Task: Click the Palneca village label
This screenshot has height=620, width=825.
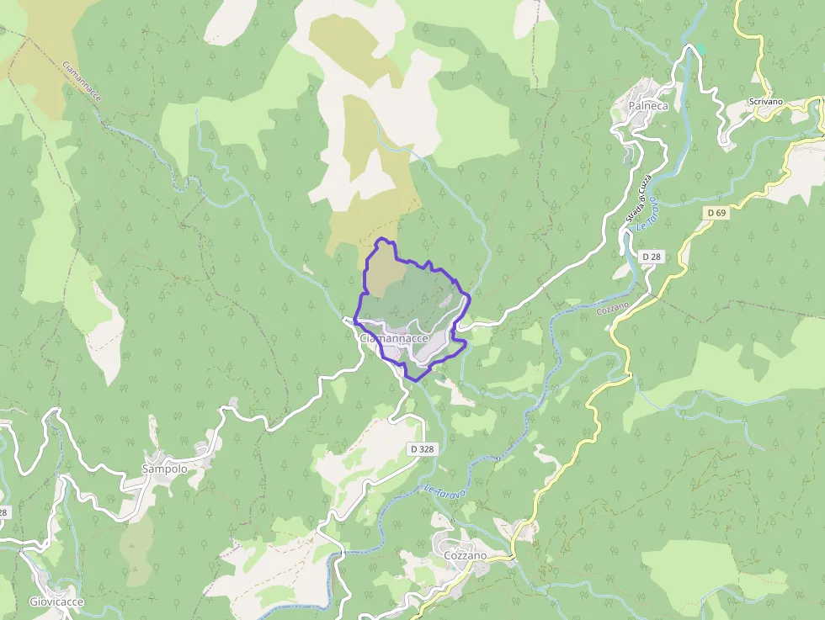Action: pos(648,106)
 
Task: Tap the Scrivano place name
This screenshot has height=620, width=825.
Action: pos(765,103)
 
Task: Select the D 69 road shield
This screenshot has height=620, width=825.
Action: pos(716,213)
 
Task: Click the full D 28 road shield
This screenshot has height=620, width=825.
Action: pos(651,256)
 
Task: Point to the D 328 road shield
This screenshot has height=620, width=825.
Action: pos(423,449)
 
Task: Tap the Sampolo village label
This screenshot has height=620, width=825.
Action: pos(164,469)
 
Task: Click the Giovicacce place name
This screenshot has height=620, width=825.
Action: pos(56,601)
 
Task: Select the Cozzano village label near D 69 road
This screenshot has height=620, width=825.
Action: pos(465,556)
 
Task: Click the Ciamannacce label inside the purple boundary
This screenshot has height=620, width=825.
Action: pos(394,338)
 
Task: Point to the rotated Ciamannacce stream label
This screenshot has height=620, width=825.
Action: pos(82,82)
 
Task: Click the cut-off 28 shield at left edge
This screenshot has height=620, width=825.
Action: pos(3,511)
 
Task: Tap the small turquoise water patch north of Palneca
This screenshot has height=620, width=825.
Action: pos(700,49)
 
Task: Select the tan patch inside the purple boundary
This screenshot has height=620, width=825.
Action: pos(383,273)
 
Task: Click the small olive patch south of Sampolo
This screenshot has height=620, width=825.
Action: pos(136,547)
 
